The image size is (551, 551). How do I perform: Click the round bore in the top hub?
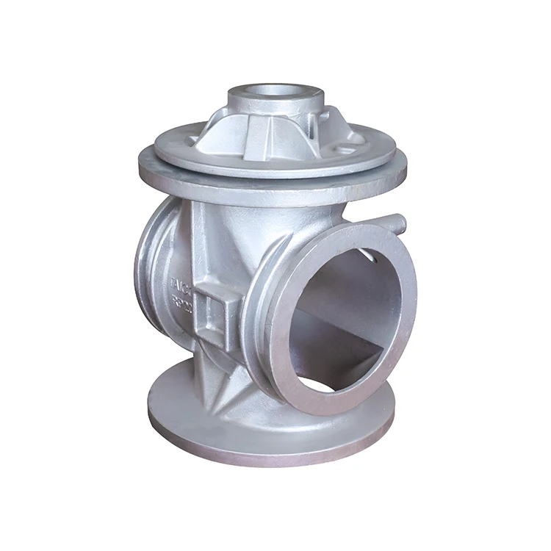coord(275,91)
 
